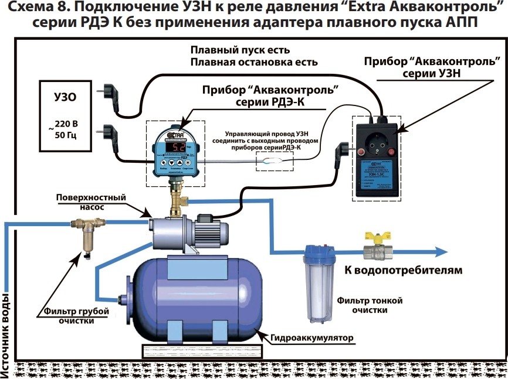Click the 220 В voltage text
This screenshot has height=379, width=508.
coord(67,124)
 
